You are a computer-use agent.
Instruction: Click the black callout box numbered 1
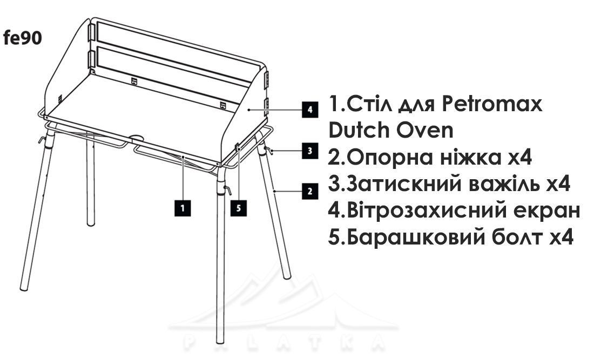(x=183, y=208)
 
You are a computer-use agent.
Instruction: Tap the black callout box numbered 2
(x=310, y=191)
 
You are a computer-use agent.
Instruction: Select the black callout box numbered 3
(x=310, y=151)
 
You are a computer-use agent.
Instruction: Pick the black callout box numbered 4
(x=310, y=110)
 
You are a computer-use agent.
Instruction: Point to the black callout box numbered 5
(x=239, y=208)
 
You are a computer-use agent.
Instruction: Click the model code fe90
(x=22, y=38)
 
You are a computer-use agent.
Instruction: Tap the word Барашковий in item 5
(x=416, y=237)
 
